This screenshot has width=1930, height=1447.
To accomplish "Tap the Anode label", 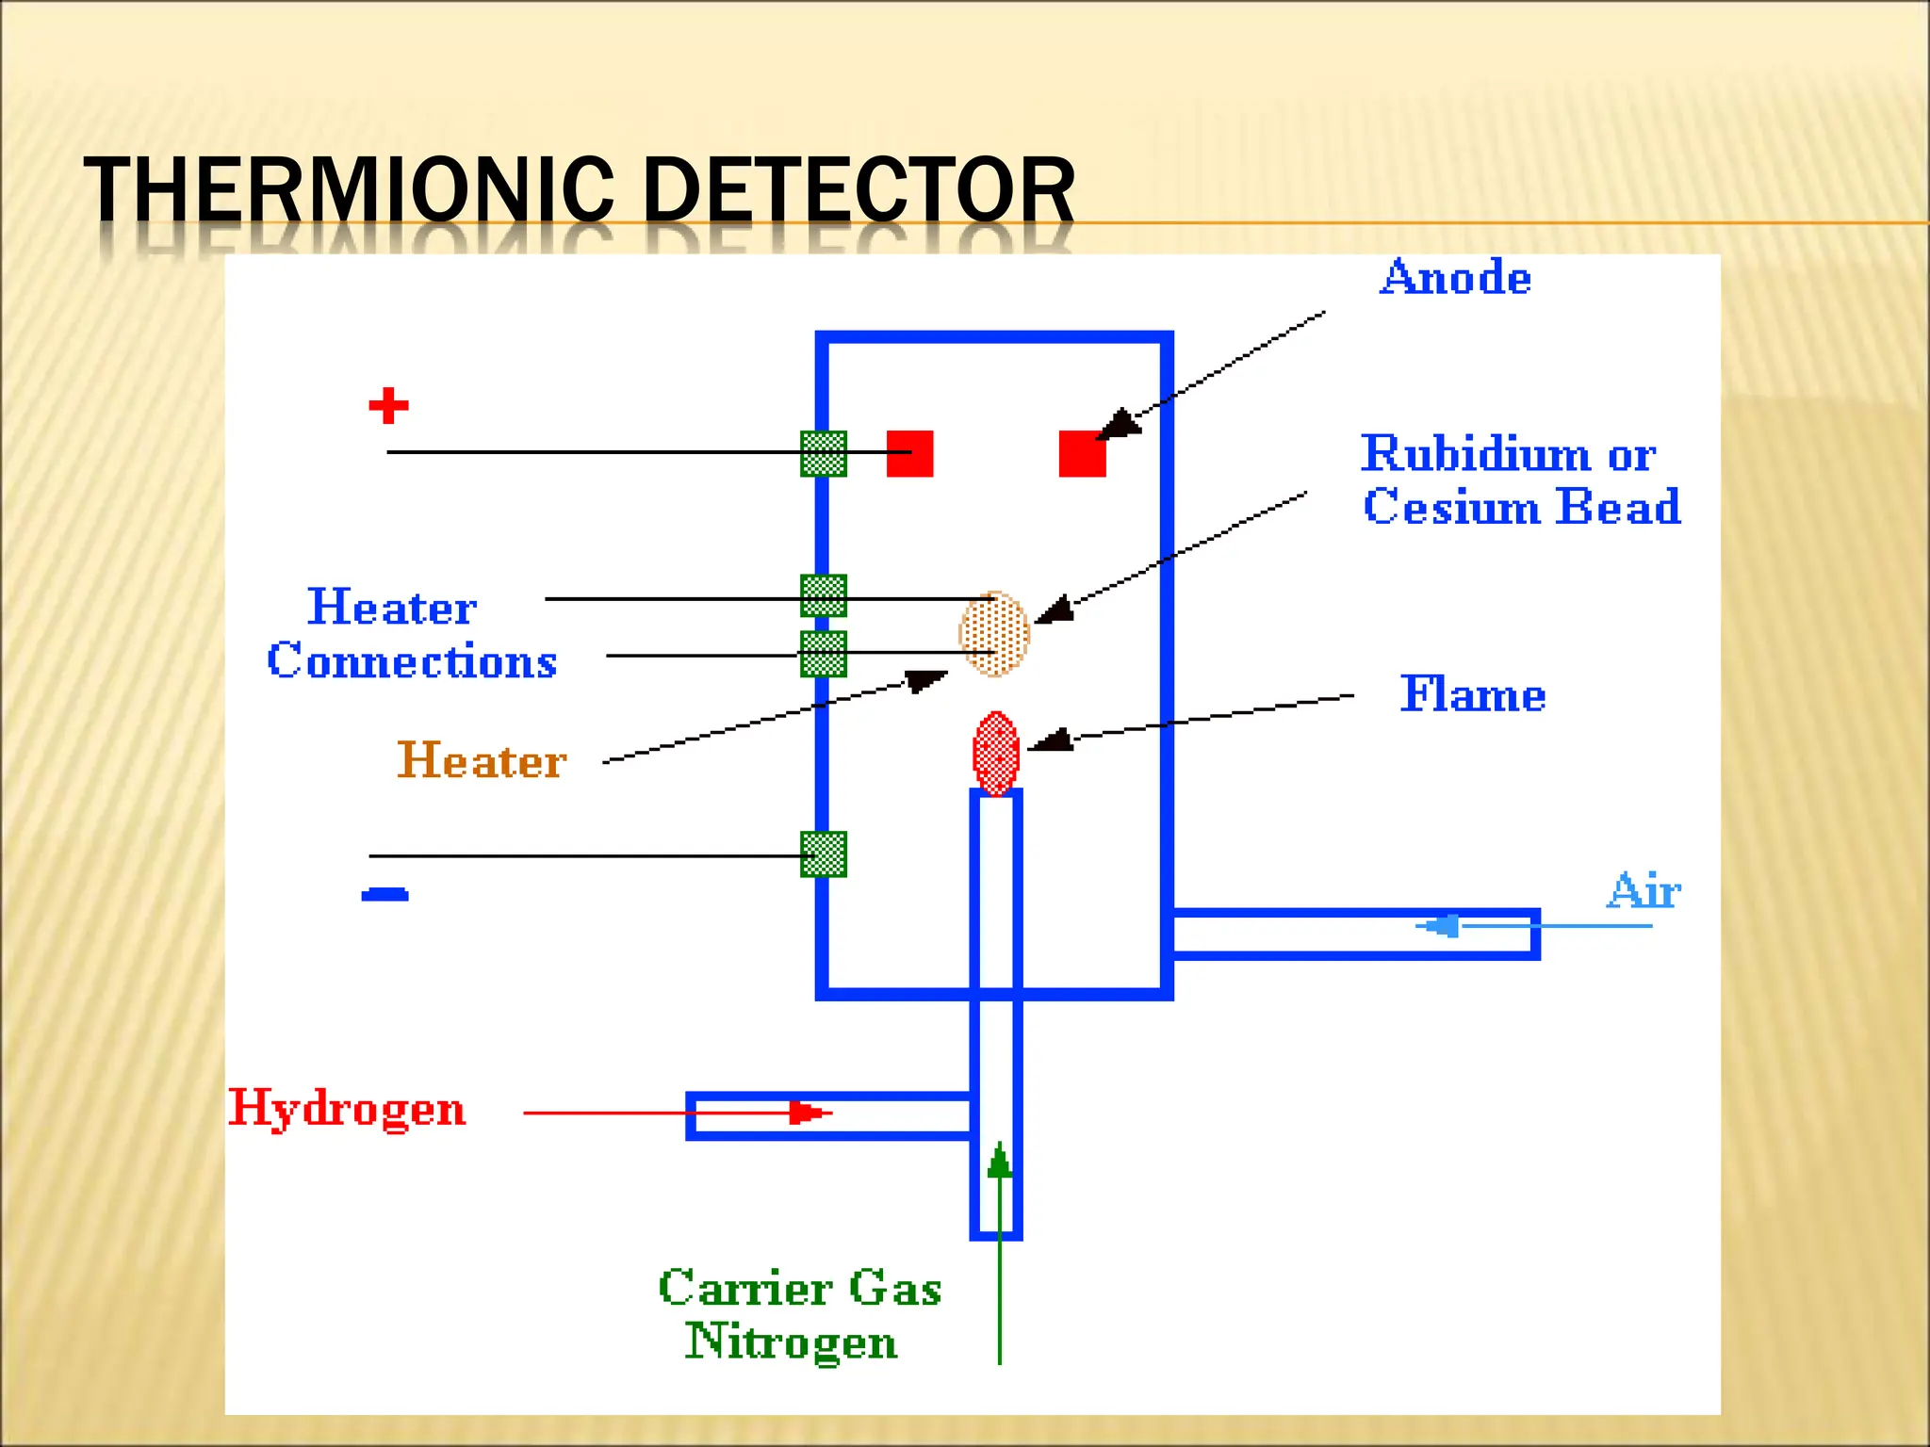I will pyautogui.click(x=1455, y=278).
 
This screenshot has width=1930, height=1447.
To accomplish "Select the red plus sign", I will pyautogui.click(x=388, y=406).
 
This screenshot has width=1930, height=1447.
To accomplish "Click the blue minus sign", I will pyautogui.click(x=384, y=894).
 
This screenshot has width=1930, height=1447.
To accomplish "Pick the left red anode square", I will pyautogui.click(x=909, y=454).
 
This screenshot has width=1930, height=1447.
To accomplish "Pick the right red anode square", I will pyautogui.click(x=1082, y=454).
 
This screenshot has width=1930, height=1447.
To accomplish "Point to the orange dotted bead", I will pyautogui.click(x=994, y=634).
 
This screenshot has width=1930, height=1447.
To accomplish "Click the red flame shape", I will pyautogui.click(x=996, y=754).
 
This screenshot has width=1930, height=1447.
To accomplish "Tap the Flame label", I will pyautogui.click(x=1472, y=695).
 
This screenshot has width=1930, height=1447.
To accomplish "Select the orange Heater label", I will pyautogui.click(x=482, y=761).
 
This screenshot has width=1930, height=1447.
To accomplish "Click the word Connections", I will pyautogui.click(x=412, y=660).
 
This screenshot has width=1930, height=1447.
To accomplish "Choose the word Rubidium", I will pyautogui.click(x=1478, y=454).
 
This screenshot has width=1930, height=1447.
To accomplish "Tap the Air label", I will pyautogui.click(x=1644, y=891).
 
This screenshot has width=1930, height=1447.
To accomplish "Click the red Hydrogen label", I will pyautogui.click(x=347, y=1109).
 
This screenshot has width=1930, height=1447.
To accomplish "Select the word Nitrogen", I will pyautogui.click(x=791, y=1341).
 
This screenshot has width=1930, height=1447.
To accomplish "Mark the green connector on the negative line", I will pyautogui.click(x=823, y=854).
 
